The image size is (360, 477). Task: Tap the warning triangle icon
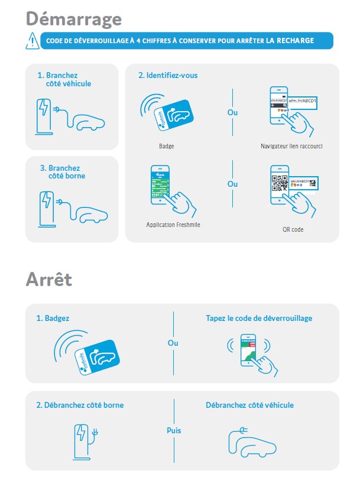click(x=32, y=41)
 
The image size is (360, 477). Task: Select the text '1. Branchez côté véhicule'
click(x=64, y=80)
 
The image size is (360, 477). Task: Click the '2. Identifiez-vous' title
click(x=168, y=76)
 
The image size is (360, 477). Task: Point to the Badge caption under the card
click(x=166, y=145)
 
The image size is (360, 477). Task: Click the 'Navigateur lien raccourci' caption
click(x=291, y=145)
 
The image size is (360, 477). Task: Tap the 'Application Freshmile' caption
click(x=173, y=225)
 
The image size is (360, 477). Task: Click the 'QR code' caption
click(x=293, y=229)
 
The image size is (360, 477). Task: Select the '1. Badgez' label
click(x=53, y=318)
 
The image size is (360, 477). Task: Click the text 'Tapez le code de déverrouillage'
click(x=259, y=318)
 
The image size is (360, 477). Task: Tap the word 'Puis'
click(x=173, y=430)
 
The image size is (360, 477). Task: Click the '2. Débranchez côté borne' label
click(x=80, y=405)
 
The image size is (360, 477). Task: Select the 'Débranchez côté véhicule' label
click(x=249, y=405)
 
